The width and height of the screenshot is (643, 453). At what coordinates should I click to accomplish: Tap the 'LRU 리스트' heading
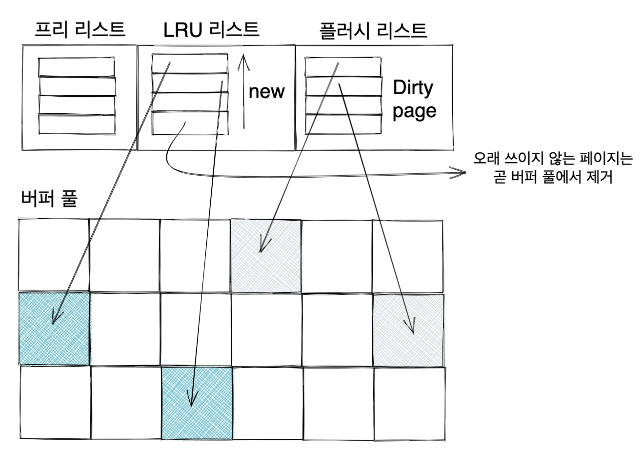pos(211,30)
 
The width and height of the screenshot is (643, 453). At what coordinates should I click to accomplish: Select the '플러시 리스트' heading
pos(373,30)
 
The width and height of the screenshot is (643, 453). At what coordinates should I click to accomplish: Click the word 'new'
pos(266,91)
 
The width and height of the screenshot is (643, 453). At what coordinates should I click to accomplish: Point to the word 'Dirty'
pos(413,88)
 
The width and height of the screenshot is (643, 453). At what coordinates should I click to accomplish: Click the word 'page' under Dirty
pos(414,111)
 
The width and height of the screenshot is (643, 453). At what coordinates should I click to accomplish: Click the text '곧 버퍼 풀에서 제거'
pos(553,178)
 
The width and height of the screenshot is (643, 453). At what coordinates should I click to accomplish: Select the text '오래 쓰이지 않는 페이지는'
pos(553,159)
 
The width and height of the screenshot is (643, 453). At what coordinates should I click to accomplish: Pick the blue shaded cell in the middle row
pos(54,328)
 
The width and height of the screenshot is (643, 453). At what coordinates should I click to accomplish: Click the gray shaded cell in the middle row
pos(408,329)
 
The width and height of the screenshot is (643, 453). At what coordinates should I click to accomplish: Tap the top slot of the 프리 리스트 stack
pos(77,67)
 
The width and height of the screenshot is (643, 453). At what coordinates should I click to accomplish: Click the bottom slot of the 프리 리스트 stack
pos(77,124)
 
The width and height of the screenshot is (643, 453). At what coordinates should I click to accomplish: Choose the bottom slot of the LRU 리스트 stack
pos(190,123)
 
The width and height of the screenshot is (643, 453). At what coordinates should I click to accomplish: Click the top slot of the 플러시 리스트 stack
pos(343,67)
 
